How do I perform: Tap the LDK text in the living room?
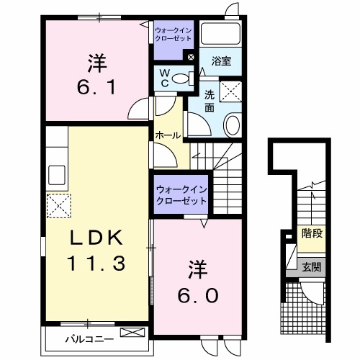[98, 238]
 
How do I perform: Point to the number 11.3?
[98, 263]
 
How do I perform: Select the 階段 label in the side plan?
[311, 233]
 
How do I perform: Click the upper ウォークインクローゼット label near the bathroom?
[173, 34]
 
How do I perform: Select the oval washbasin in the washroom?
[233, 125]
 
